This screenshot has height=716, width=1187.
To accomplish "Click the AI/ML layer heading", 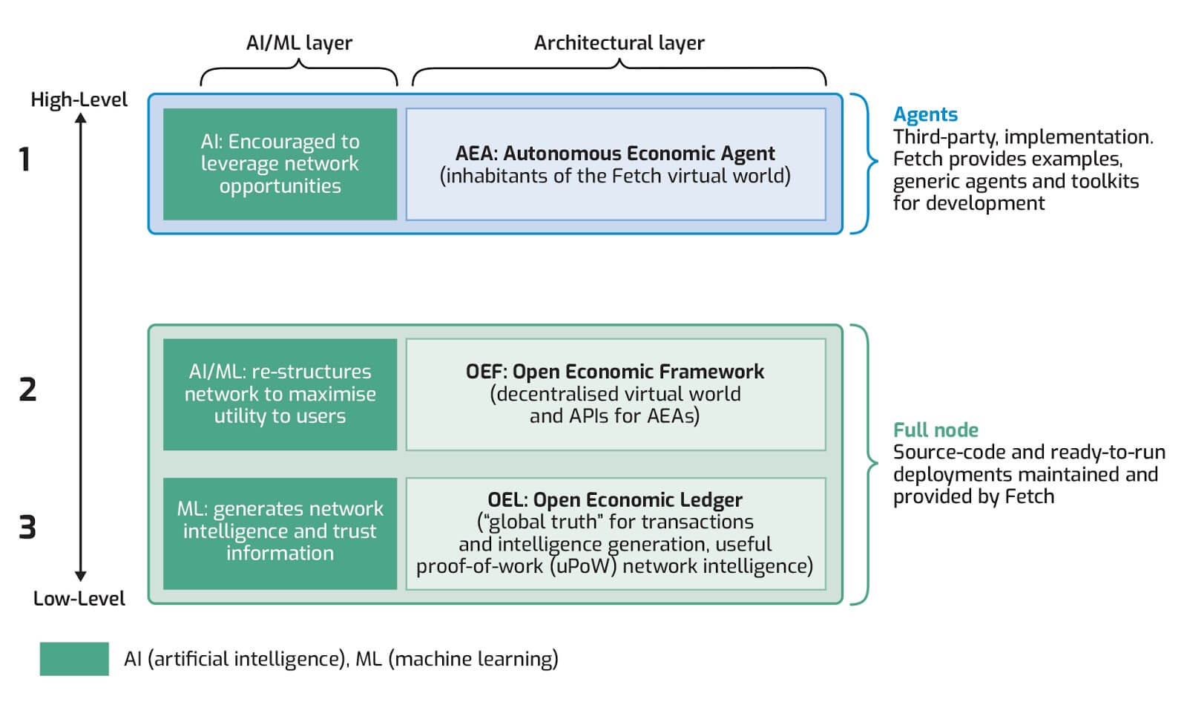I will (x=299, y=43).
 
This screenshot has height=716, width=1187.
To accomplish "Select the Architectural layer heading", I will (x=619, y=43).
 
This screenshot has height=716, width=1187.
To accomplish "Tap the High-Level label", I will (x=79, y=99).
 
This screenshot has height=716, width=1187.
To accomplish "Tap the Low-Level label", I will (x=79, y=598).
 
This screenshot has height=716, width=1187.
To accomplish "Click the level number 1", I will (x=24, y=160).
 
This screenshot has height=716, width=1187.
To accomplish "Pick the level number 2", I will (x=27, y=390).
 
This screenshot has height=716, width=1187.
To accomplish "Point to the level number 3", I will (x=27, y=528).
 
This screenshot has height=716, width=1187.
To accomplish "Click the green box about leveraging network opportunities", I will (x=280, y=164).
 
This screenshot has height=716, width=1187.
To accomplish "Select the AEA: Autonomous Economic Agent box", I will (x=615, y=164).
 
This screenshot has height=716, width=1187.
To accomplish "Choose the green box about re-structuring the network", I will (x=280, y=394).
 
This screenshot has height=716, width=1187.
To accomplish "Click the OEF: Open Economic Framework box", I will (x=615, y=394).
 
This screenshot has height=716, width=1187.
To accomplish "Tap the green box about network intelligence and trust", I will (x=280, y=533).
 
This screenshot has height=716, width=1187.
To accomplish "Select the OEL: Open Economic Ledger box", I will (x=615, y=533).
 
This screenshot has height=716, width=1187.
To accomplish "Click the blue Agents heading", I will (x=925, y=114).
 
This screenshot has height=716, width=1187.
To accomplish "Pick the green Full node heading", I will (x=935, y=430).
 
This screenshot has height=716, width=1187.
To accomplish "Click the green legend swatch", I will (x=74, y=658).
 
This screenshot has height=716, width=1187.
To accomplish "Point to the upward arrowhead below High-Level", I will (x=81, y=116).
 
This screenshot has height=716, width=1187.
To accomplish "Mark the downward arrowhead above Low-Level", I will (x=81, y=577).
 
